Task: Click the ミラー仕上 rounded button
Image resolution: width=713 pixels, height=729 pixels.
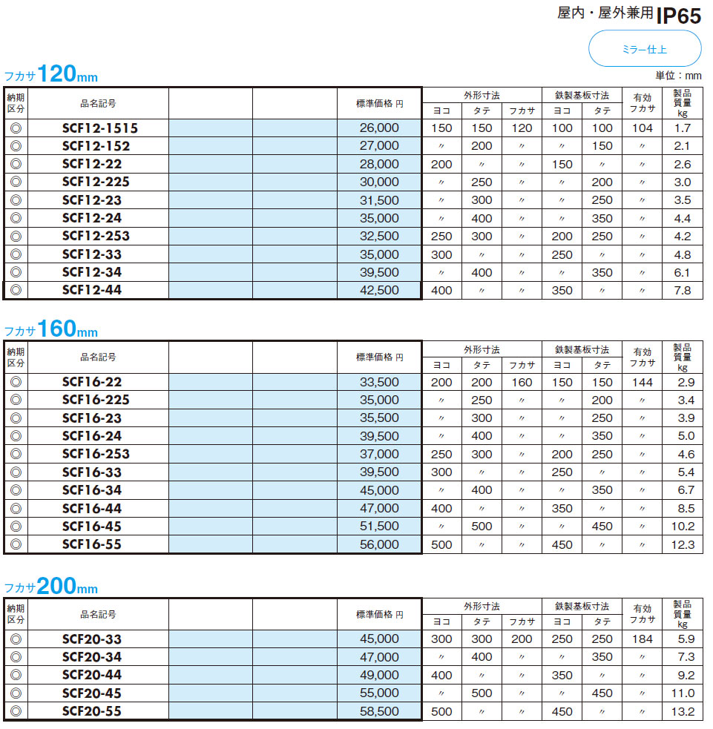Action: click(644, 50)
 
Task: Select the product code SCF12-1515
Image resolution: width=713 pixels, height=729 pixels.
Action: click(100, 128)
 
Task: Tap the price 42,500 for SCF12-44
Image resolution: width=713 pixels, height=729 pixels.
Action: click(378, 291)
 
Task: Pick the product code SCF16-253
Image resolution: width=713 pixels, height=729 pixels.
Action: click(96, 454)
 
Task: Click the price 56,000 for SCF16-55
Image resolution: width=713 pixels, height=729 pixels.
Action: click(378, 544)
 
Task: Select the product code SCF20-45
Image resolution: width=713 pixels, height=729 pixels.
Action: click(92, 693)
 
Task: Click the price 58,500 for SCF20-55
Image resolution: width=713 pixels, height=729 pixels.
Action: click(378, 711)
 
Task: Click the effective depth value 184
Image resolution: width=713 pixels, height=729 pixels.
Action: click(643, 639)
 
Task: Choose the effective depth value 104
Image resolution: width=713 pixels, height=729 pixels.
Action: click(643, 128)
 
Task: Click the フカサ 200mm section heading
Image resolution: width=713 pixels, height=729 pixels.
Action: click(51, 587)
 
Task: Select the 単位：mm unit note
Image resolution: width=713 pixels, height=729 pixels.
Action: click(677, 76)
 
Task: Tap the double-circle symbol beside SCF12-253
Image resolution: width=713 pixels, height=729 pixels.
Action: click(16, 237)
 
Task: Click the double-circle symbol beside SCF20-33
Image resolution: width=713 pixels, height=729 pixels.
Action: click(16, 639)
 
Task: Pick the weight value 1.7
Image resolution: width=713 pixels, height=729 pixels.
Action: click(682, 128)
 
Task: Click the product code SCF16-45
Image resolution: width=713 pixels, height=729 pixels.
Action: click(92, 527)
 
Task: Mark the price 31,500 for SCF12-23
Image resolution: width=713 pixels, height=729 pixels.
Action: click(378, 200)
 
